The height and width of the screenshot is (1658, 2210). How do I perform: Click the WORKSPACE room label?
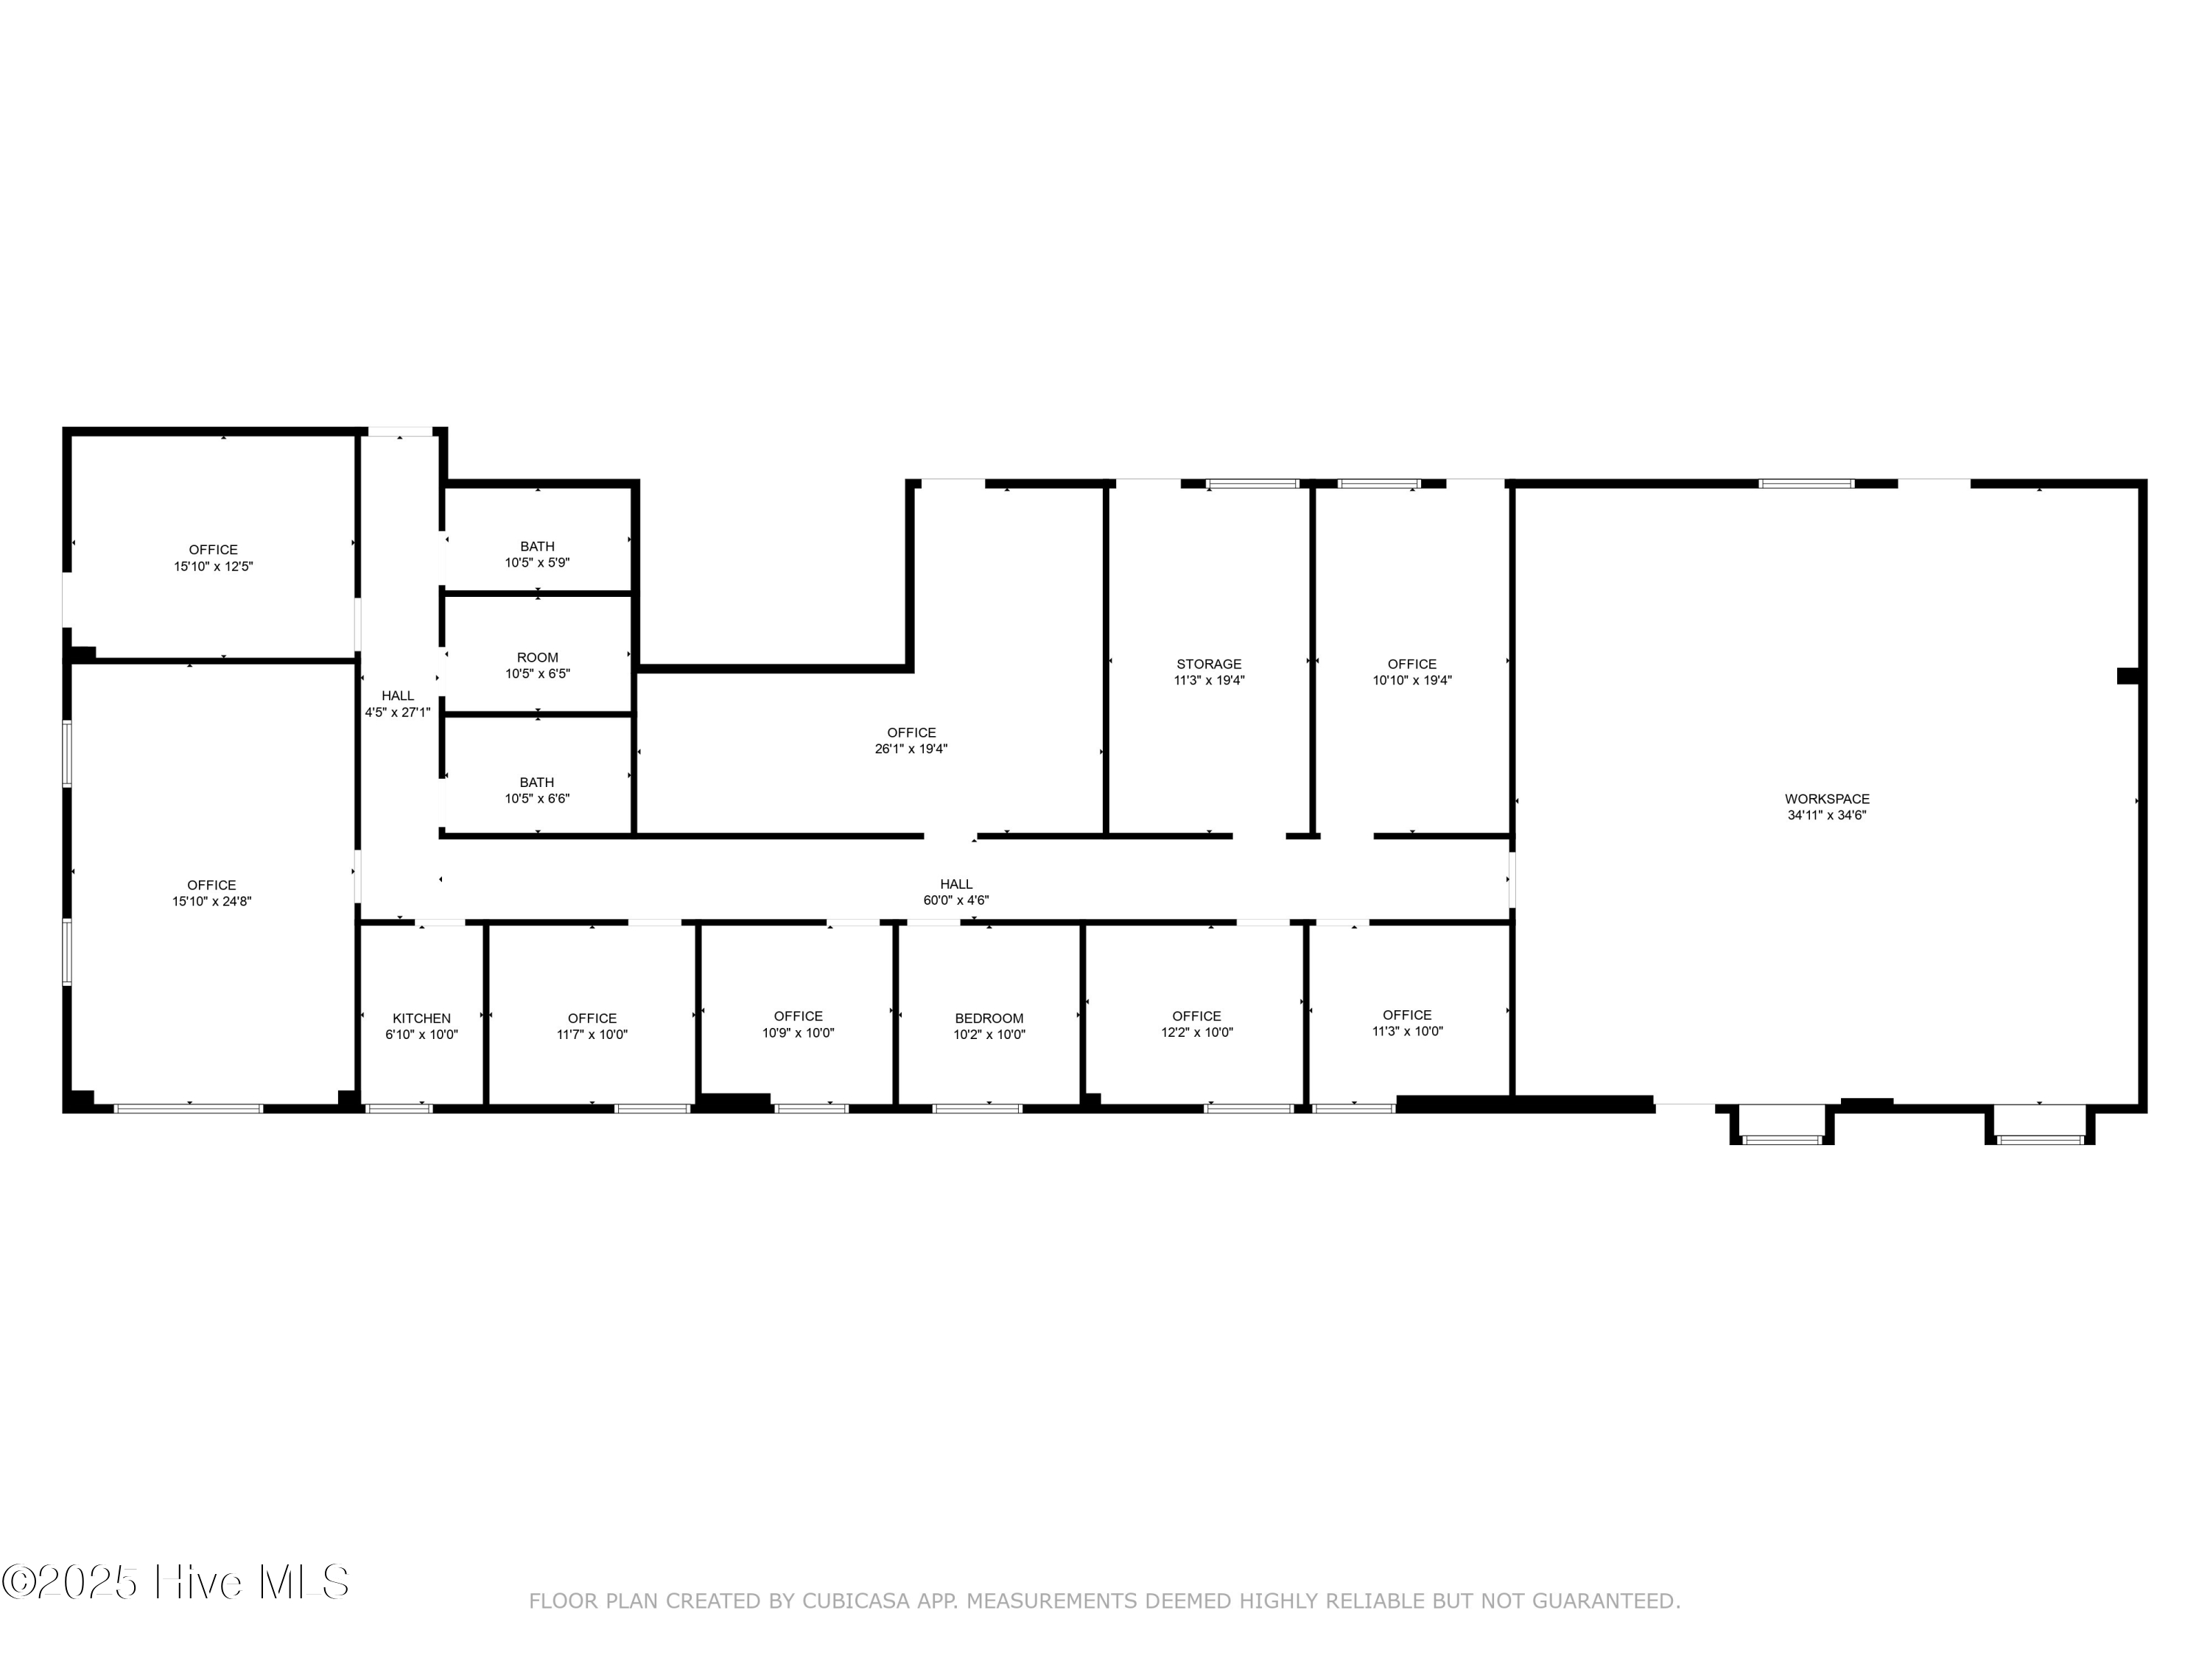click(1826, 799)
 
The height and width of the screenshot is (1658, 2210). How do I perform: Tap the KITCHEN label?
click(421, 1018)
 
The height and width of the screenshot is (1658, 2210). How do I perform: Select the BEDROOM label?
click(989, 1018)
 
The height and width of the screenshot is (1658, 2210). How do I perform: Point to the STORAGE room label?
click(1209, 664)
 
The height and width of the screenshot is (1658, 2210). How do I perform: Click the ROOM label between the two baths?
click(538, 657)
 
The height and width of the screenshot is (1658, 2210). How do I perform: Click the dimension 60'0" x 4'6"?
click(956, 900)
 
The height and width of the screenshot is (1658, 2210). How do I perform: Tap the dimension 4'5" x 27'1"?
click(398, 713)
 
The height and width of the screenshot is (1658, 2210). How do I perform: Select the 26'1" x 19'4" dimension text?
click(911, 749)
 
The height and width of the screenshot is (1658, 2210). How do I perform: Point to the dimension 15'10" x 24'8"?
click(212, 901)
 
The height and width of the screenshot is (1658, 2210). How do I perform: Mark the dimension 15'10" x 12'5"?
click(214, 567)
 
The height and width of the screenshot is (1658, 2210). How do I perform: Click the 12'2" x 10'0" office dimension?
click(1197, 1032)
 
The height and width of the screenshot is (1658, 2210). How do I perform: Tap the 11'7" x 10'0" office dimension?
click(592, 1035)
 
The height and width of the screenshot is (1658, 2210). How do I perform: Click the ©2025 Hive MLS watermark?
click(176, 1582)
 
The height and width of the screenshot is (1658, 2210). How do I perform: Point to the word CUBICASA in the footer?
click(856, 1601)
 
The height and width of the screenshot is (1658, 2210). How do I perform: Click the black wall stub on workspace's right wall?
click(2128, 676)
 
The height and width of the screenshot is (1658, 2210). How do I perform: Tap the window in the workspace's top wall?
click(1806, 483)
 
